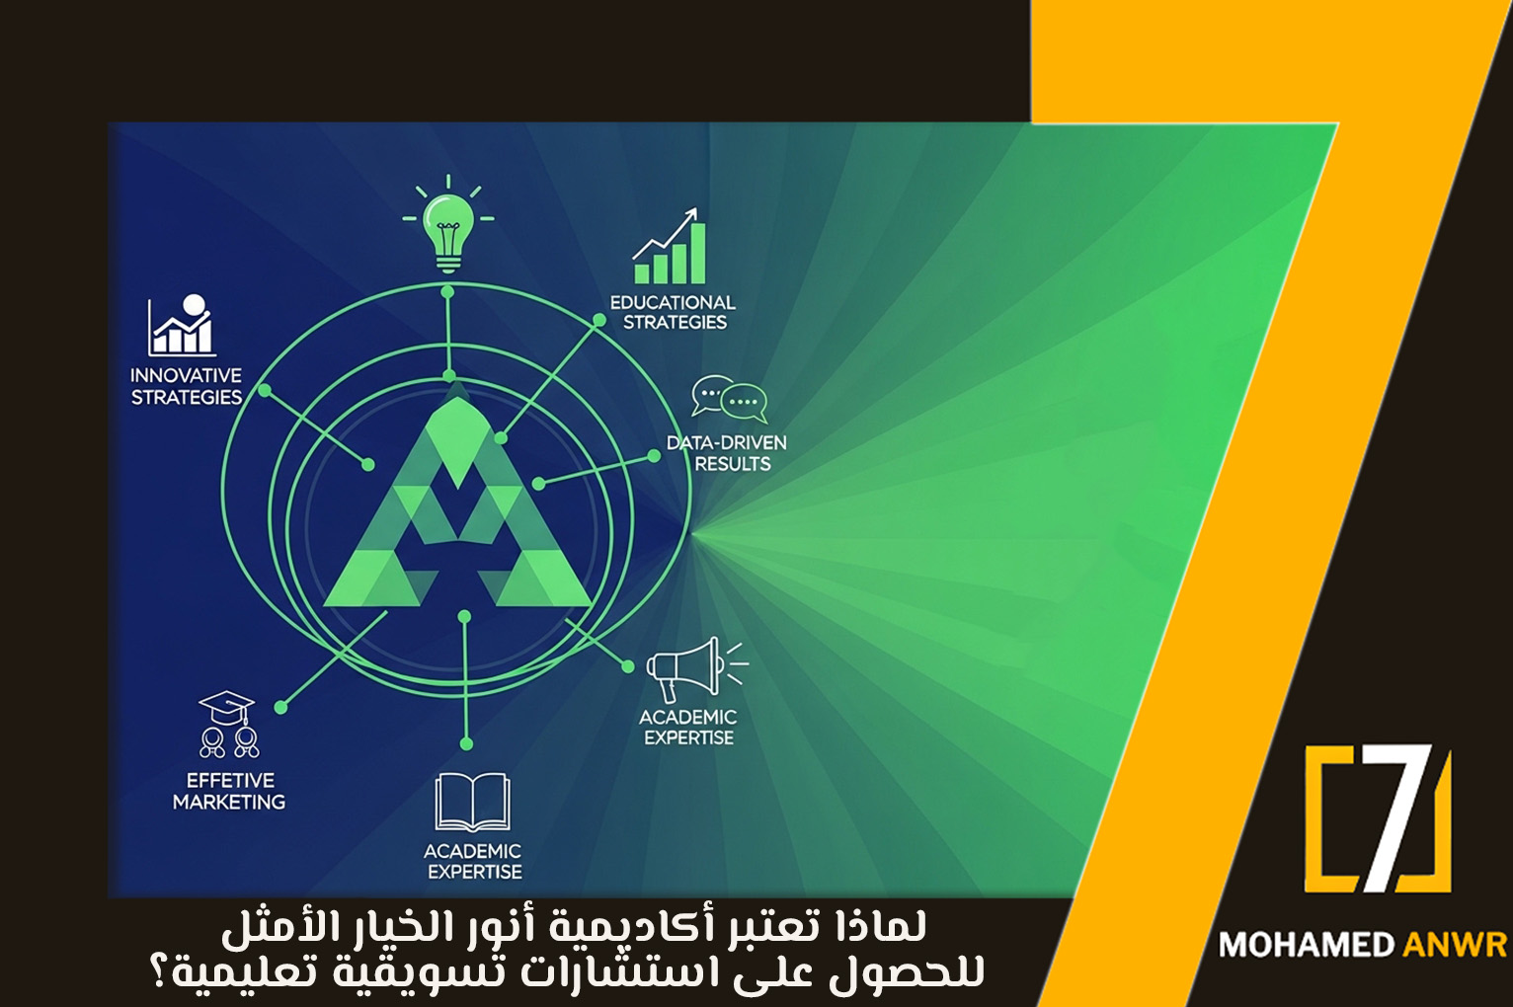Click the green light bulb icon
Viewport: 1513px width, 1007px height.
(448, 227)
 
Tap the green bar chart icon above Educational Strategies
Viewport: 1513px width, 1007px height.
(672, 251)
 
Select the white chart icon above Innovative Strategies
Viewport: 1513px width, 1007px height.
(182, 325)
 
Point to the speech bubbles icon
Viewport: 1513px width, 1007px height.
(729, 399)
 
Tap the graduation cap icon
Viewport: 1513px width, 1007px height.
(227, 723)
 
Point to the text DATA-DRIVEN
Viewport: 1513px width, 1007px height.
(726, 442)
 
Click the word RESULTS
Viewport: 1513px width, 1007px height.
(732, 464)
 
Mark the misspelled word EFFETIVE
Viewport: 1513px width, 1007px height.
(230, 780)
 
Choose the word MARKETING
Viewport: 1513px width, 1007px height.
(229, 802)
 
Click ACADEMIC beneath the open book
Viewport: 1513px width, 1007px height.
(472, 851)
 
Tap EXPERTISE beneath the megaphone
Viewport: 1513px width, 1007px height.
(689, 737)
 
